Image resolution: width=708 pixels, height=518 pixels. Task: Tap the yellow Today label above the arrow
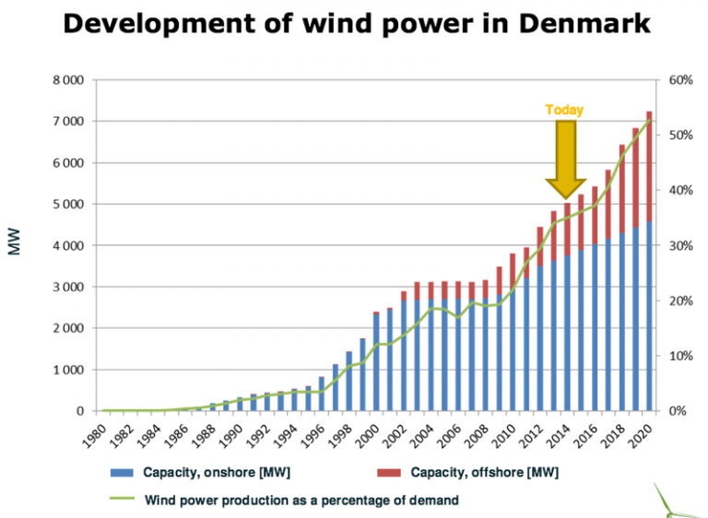click(x=564, y=110)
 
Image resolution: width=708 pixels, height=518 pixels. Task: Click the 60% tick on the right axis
click(x=680, y=80)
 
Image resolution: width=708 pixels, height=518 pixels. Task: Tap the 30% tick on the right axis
click(x=680, y=246)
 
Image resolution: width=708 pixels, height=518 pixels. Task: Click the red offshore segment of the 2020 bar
click(x=649, y=166)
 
